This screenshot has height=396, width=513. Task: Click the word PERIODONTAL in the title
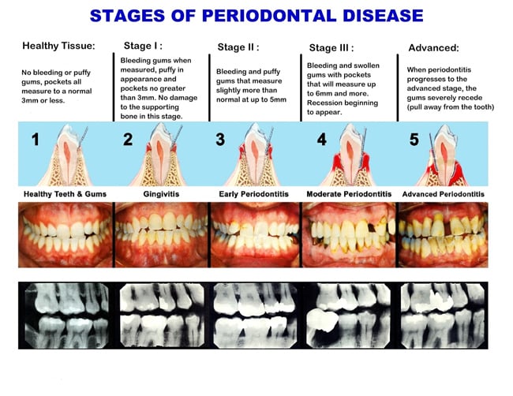(x=269, y=16)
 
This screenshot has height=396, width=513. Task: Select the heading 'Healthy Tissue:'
(x=58, y=46)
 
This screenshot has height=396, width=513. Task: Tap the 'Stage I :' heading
(x=143, y=46)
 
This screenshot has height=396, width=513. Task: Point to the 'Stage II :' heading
(x=238, y=47)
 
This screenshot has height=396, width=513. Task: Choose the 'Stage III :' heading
(x=331, y=48)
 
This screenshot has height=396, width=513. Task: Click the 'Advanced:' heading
(x=433, y=48)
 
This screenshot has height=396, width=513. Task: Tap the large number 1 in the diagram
(x=36, y=140)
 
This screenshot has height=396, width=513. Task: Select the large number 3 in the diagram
(x=220, y=140)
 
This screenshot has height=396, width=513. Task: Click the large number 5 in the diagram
(x=414, y=140)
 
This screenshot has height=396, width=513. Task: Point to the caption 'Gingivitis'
(x=161, y=194)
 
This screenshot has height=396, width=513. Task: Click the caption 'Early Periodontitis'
(x=254, y=194)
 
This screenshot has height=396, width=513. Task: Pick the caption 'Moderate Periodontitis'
(x=349, y=194)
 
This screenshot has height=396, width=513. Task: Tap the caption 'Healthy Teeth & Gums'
(x=65, y=194)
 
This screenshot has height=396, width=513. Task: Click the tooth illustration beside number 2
(x=160, y=155)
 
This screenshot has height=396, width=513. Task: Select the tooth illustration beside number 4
(x=350, y=155)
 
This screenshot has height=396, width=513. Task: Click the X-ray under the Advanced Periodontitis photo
(x=443, y=316)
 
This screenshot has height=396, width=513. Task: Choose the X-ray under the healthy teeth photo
(x=67, y=316)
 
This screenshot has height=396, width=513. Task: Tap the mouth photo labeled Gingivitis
(x=162, y=235)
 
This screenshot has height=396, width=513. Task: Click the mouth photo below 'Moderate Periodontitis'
(x=349, y=235)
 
